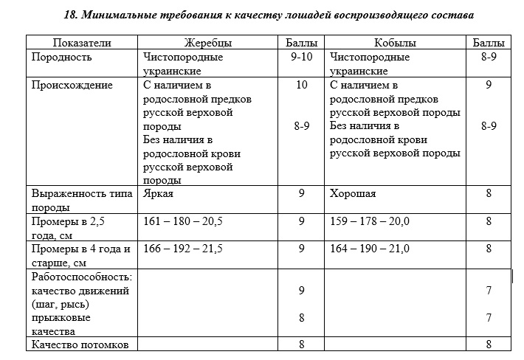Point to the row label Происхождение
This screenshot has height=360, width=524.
pyautogui.click(x=72, y=85)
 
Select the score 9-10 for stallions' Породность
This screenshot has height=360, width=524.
pyautogui.click(x=301, y=57)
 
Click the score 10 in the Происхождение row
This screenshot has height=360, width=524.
pyautogui.click(x=301, y=85)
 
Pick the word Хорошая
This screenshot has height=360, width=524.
pyautogui.click(x=353, y=193)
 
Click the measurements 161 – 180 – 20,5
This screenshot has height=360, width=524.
pyautogui.click(x=182, y=221)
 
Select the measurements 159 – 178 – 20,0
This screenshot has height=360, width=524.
pyautogui.click(x=370, y=221)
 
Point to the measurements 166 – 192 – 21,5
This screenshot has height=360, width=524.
pyautogui.click(x=182, y=249)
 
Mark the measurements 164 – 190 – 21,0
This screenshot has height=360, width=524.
pyautogui.click(x=370, y=249)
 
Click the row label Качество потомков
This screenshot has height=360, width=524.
pyautogui.click(x=80, y=345)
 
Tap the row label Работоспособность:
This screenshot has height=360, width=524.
pyautogui.click(x=81, y=277)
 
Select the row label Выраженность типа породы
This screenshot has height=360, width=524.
pyautogui.click(x=81, y=200)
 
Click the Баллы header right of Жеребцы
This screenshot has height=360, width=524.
pyautogui.click(x=301, y=43)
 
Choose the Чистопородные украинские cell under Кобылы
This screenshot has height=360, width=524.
pyautogui.click(x=370, y=63)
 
